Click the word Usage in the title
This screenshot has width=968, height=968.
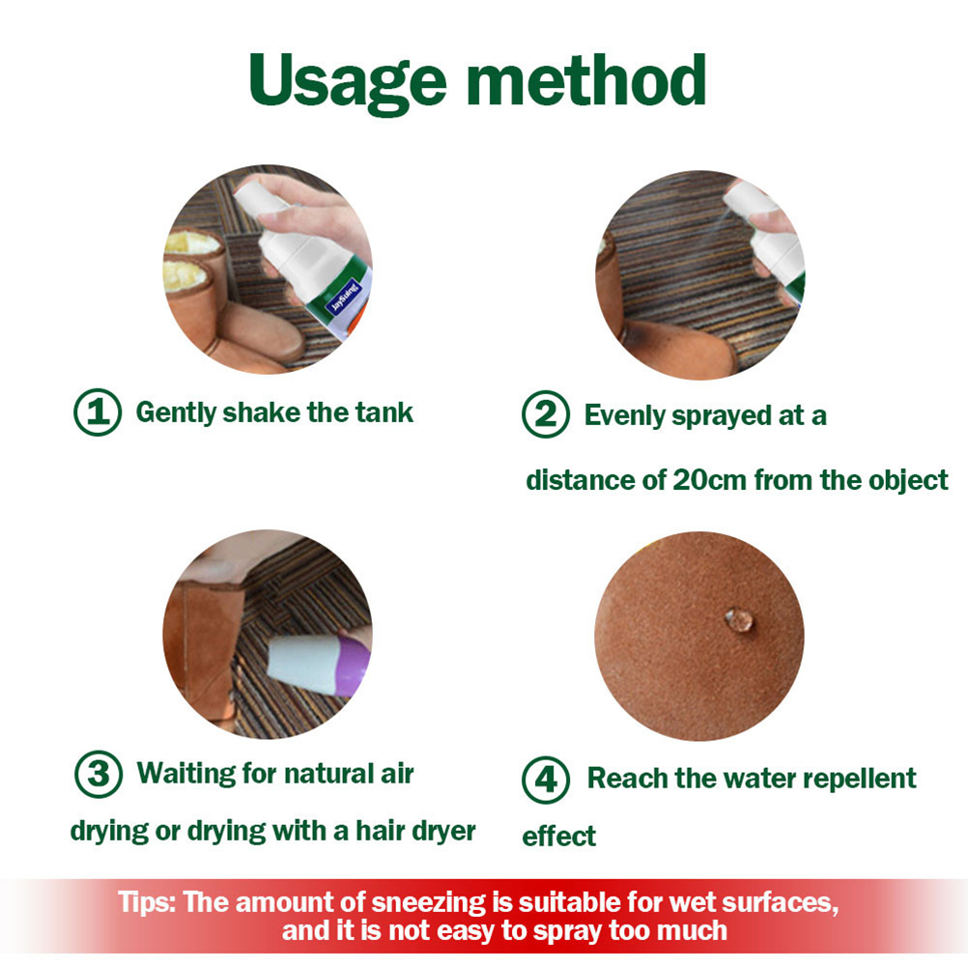pyautogui.click(x=348, y=81)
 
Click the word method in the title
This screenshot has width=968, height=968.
pyautogui.click(x=586, y=79)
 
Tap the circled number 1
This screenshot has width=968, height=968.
pyautogui.click(x=97, y=412)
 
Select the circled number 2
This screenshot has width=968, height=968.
pyautogui.click(x=545, y=414)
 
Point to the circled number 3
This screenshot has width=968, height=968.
pyautogui.click(x=99, y=774)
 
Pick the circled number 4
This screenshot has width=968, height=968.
pyautogui.click(x=546, y=779)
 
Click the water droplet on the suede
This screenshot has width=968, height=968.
pyautogui.click(x=739, y=620)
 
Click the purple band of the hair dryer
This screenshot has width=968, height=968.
pyautogui.click(x=353, y=667)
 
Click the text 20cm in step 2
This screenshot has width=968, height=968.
pyautogui.click(x=709, y=480)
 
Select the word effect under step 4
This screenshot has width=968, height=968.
pyautogui.click(x=558, y=837)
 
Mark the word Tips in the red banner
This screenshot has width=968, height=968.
pyautogui.click(x=147, y=902)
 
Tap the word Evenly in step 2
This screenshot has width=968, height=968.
pyautogui.click(x=624, y=415)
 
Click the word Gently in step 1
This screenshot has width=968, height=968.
pyautogui.click(x=176, y=413)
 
